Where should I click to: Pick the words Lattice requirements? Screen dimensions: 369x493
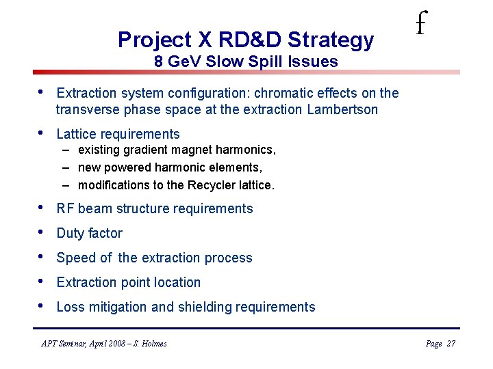coord(118,135)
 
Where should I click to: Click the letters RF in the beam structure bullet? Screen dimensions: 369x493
coord(65,209)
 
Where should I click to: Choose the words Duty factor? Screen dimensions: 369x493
coord(89,234)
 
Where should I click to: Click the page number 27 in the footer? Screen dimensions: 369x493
coord(451,344)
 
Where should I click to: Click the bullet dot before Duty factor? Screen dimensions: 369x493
coord(42,233)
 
